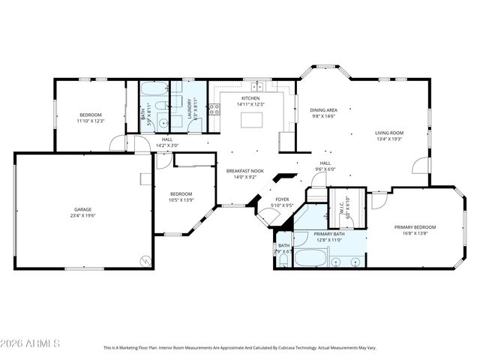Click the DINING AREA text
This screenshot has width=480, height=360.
point(324,110)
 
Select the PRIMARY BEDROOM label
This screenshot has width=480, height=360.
point(415,226)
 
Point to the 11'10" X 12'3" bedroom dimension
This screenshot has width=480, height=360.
point(89,121)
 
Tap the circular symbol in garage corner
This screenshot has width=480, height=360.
point(145,260)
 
